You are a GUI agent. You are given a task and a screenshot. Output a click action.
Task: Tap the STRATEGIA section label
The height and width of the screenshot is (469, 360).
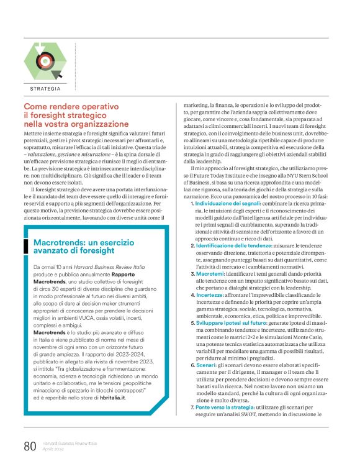(45, 89)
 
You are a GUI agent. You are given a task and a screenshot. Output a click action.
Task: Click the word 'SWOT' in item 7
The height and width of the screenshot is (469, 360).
(250, 432)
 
